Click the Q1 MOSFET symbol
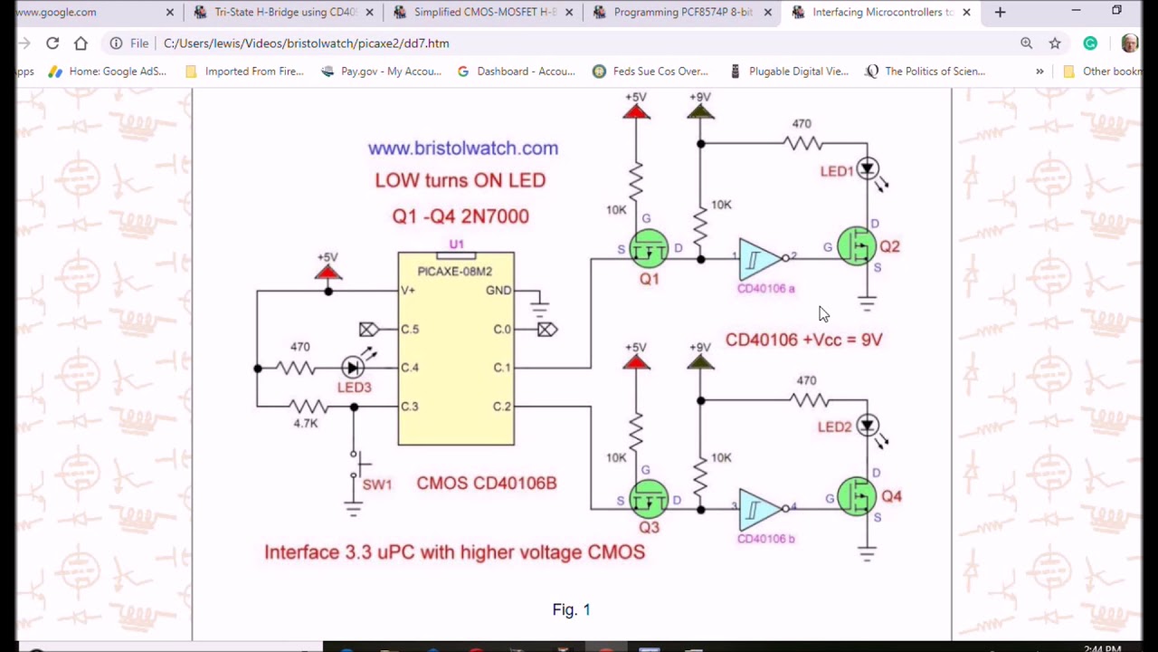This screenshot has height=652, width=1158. point(649,248)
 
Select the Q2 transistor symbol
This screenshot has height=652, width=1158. point(855,246)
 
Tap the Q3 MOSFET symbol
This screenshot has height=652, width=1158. point(649,499)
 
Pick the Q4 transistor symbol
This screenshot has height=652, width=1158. point(855,496)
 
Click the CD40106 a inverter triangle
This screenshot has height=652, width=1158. point(759,259)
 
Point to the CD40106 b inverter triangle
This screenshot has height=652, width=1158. point(759,509)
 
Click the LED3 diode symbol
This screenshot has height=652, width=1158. point(353,367)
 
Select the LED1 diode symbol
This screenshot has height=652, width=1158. point(867,168)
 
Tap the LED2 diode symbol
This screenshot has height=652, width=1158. point(867,425)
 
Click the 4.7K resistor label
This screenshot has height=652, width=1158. point(306,423)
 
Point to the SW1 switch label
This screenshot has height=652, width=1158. point(377,484)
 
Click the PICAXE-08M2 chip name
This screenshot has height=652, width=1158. point(454,271)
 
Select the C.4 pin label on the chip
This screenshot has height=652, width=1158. point(410,368)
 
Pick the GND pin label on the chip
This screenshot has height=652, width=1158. point(498,291)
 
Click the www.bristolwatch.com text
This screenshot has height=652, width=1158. point(462,149)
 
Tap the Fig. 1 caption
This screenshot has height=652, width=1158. point(571,610)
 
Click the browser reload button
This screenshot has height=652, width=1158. point(52,43)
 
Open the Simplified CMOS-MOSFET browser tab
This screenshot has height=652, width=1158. point(484,13)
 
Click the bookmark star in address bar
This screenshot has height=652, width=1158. point(1055,43)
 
